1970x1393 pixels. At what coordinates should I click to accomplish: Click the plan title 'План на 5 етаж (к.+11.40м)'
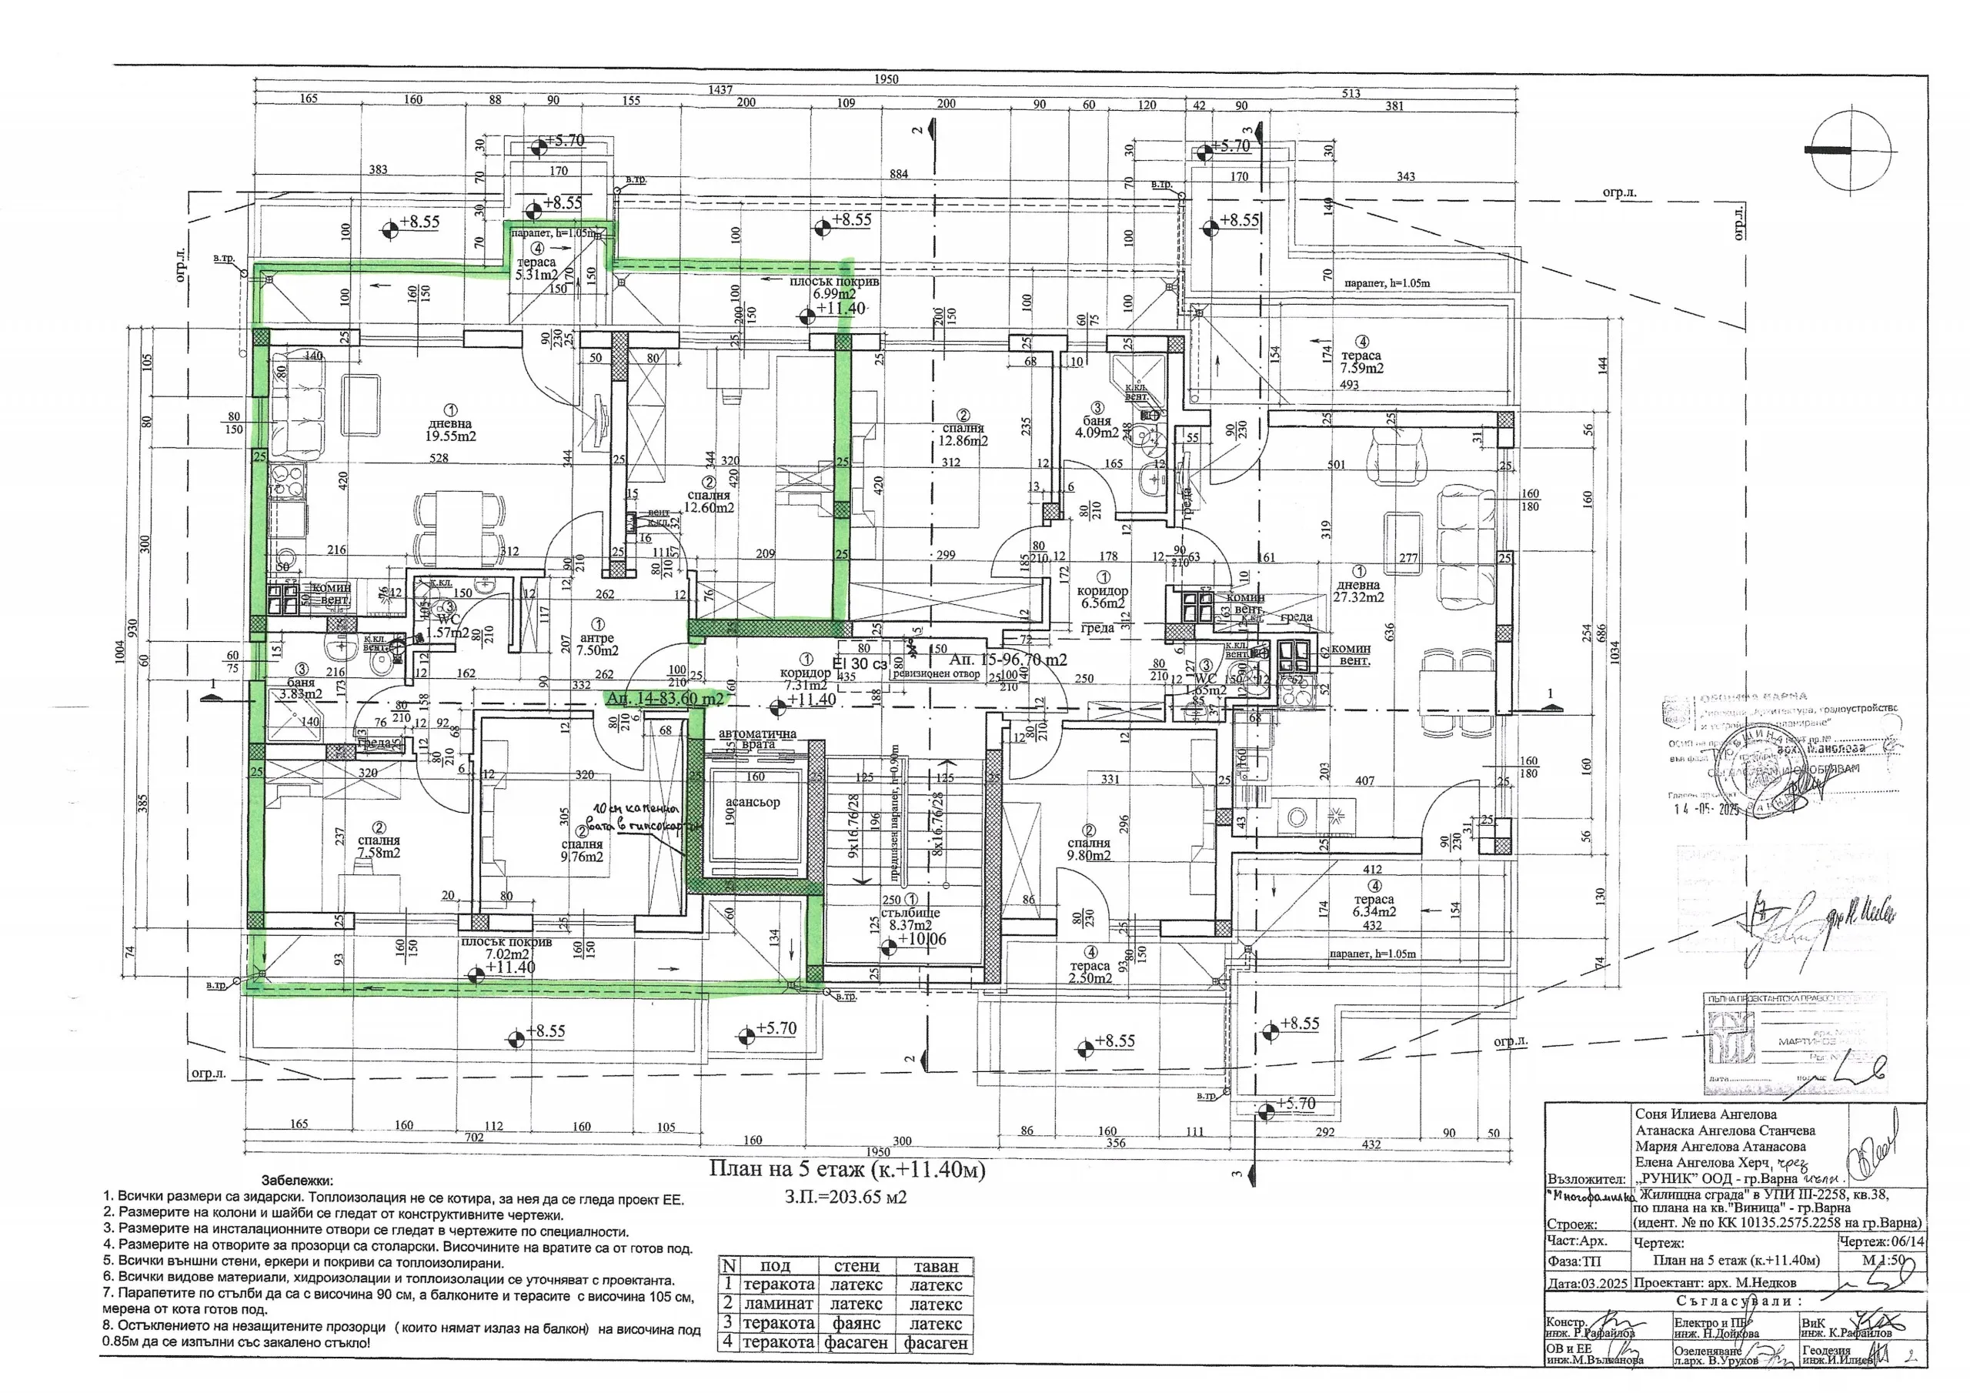click(x=846, y=1171)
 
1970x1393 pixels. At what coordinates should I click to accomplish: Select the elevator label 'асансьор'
click(x=753, y=803)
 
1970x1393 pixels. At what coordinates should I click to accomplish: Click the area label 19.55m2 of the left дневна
click(x=450, y=436)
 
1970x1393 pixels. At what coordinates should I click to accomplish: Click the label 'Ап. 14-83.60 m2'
click(x=664, y=700)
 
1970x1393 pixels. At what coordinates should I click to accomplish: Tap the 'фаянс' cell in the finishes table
click(x=856, y=1324)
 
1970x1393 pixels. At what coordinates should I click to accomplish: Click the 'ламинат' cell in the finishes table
click(x=777, y=1304)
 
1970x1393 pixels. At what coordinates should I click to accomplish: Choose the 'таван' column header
click(x=935, y=1266)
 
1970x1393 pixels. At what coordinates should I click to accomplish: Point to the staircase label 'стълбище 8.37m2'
click(x=910, y=918)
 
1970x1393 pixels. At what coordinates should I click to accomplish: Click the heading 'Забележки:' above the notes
click(x=297, y=1181)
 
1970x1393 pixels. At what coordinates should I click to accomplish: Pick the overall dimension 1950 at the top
click(x=886, y=79)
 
